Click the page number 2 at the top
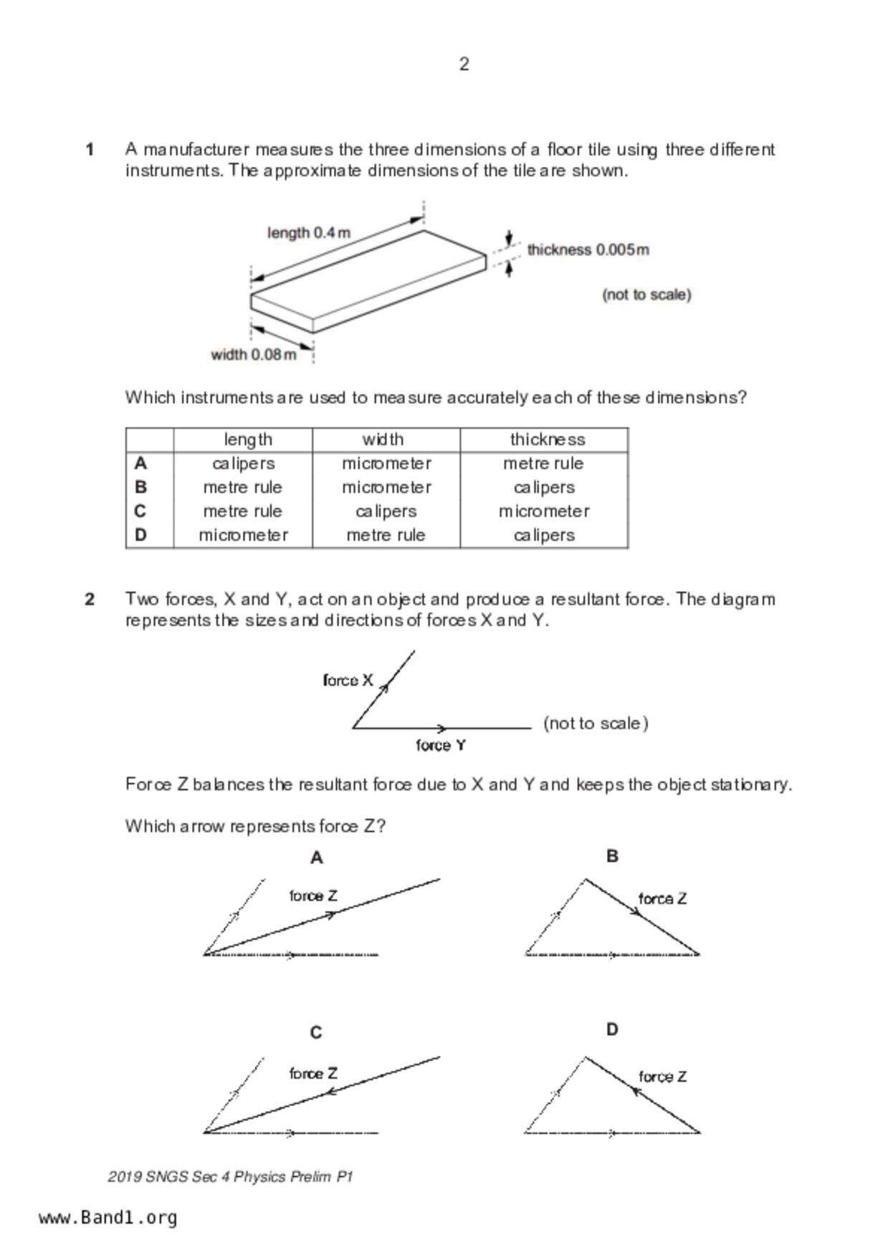[464, 65]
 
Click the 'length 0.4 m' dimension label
[309, 233]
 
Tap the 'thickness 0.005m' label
[588, 250]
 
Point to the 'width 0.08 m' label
[253, 354]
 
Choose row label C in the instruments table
[140, 511]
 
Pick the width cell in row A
[386, 463]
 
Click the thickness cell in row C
[544, 511]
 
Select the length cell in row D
[243, 535]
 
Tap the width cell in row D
[386, 535]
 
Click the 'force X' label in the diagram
[348, 680]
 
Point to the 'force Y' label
[441, 745]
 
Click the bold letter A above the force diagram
[316, 858]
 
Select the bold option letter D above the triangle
[611, 1030]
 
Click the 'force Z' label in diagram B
[662, 899]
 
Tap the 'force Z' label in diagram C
[313, 1074]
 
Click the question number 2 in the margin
[90, 600]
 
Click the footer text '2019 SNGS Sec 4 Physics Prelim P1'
[230, 1177]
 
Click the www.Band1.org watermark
[108, 1218]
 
